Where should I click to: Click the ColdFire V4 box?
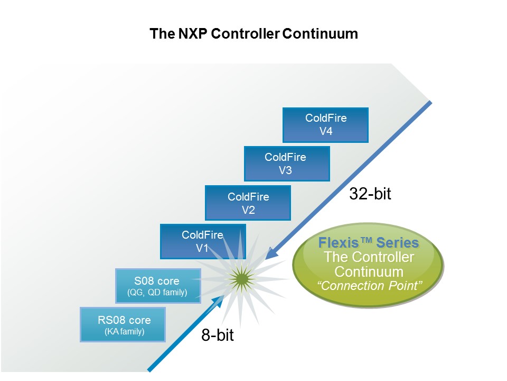click(x=325, y=125)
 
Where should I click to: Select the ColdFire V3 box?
click(x=287, y=164)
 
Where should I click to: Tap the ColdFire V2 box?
click(x=248, y=203)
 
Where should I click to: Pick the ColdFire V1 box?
click(x=202, y=241)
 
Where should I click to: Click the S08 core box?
click(x=158, y=286)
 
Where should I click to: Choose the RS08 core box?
click(x=123, y=325)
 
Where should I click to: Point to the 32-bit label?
click(x=370, y=194)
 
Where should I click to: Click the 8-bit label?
click(x=217, y=335)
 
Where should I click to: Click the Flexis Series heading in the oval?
click(x=369, y=243)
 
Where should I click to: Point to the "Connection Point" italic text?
click(x=369, y=286)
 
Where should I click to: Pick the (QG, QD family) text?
click(x=158, y=292)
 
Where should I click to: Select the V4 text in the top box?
click(x=325, y=132)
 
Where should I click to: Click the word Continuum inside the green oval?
click(x=369, y=271)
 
